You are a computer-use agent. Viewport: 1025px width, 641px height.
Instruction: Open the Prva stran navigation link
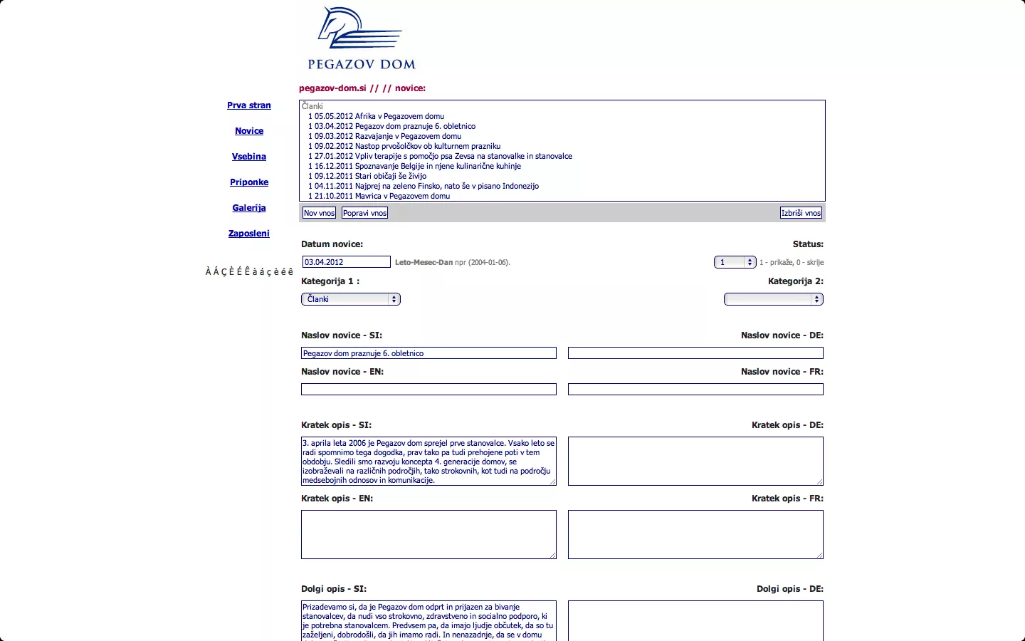click(x=249, y=105)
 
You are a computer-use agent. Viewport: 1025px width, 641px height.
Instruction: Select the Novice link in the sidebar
click(x=249, y=131)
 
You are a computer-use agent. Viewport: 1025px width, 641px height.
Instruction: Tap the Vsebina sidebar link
click(x=249, y=157)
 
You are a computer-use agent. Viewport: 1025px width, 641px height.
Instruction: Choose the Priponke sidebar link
click(x=249, y=182)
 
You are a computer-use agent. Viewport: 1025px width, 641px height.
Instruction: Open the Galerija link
click(x=249, y=208)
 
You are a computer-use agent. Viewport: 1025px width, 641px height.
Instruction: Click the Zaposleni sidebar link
click(x=249, y=234)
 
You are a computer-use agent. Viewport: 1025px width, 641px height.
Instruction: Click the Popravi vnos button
click(x=364, y=213)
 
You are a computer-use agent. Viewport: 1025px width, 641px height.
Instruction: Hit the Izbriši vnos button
click(x=801, y=213)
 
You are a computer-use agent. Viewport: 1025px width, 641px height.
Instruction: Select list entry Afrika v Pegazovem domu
click(x=399, y=116)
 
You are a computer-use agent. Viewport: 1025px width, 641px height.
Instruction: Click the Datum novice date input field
click(x=346, y=262)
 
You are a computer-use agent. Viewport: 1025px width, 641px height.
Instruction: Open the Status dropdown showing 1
click(x=735, y=262)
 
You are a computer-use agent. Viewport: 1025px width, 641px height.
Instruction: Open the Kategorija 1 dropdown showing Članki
click(x=350, y=299)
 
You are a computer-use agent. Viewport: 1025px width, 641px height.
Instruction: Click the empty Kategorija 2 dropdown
click(x=773, y=299)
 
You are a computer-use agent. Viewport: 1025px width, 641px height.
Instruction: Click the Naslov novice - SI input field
click(x=429, y=353)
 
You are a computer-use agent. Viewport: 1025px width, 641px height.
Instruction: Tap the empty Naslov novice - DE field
click(x=695, y=353)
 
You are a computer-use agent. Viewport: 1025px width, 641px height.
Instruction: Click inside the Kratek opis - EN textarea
click(x=429, y=534)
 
